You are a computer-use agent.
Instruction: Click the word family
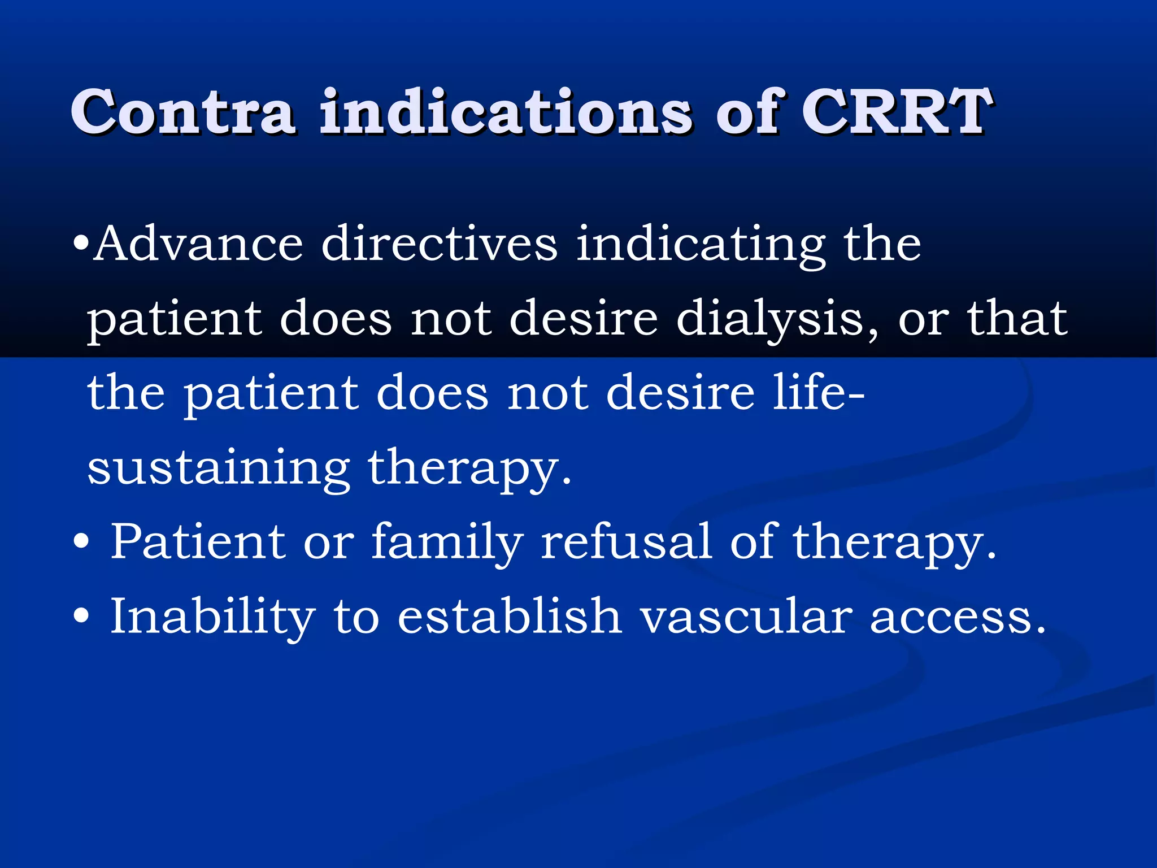point(447,542)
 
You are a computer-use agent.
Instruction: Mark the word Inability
point(212,617)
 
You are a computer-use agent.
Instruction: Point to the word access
point(957,617)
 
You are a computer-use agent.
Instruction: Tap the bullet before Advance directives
point(81,244)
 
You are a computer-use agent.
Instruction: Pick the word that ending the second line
point(1017,318)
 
